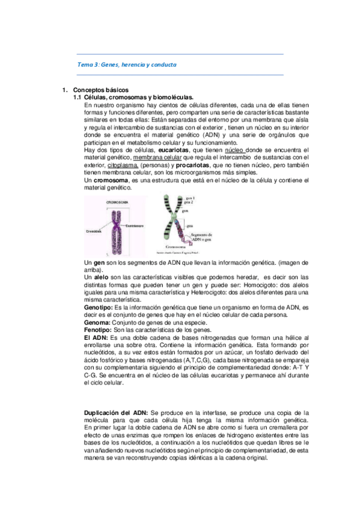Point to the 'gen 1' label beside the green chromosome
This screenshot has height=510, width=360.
[191, 197]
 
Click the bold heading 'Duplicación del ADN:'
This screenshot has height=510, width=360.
[116, 412]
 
